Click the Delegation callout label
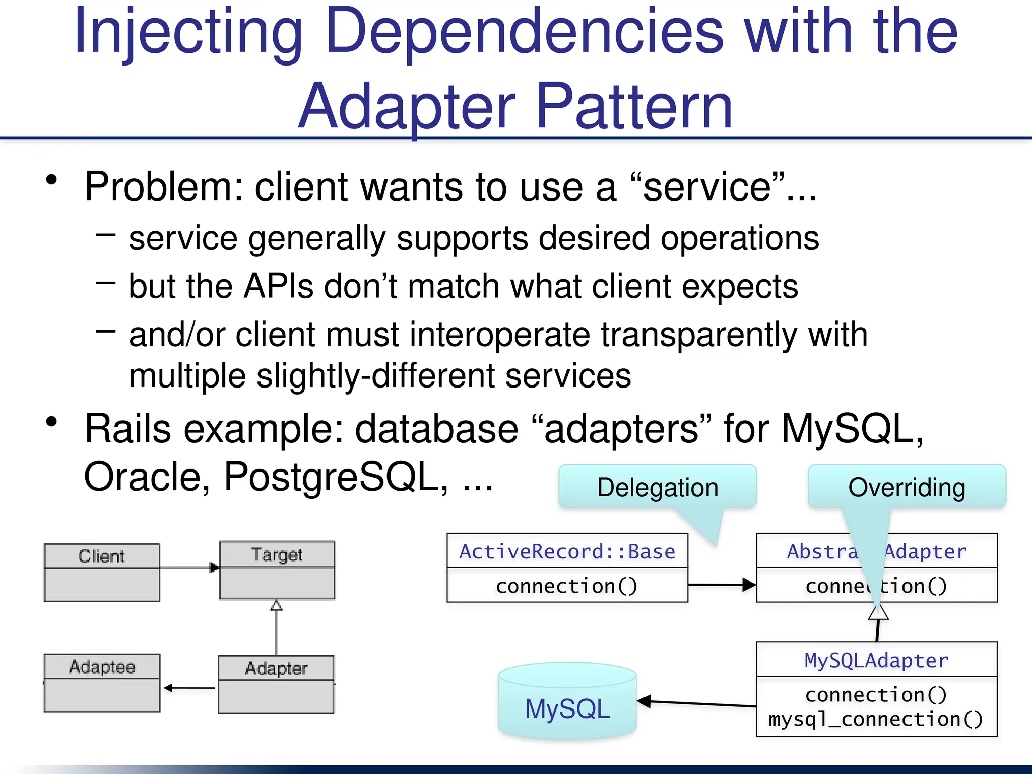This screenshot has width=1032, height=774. (658, 487)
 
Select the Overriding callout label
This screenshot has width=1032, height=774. (907, 487)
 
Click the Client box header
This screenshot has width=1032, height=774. (102, 556)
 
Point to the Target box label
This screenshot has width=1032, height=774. (277, 554)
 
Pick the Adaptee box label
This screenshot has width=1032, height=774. (102, 667)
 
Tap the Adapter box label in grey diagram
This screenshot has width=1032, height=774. (276, 668)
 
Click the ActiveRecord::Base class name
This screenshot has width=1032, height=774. (567, 551)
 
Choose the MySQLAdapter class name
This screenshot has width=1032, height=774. (876, 660)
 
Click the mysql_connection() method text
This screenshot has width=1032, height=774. (876, 719)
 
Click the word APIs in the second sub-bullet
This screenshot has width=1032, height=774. (278, 286)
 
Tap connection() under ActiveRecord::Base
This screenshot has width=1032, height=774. (567, 586)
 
